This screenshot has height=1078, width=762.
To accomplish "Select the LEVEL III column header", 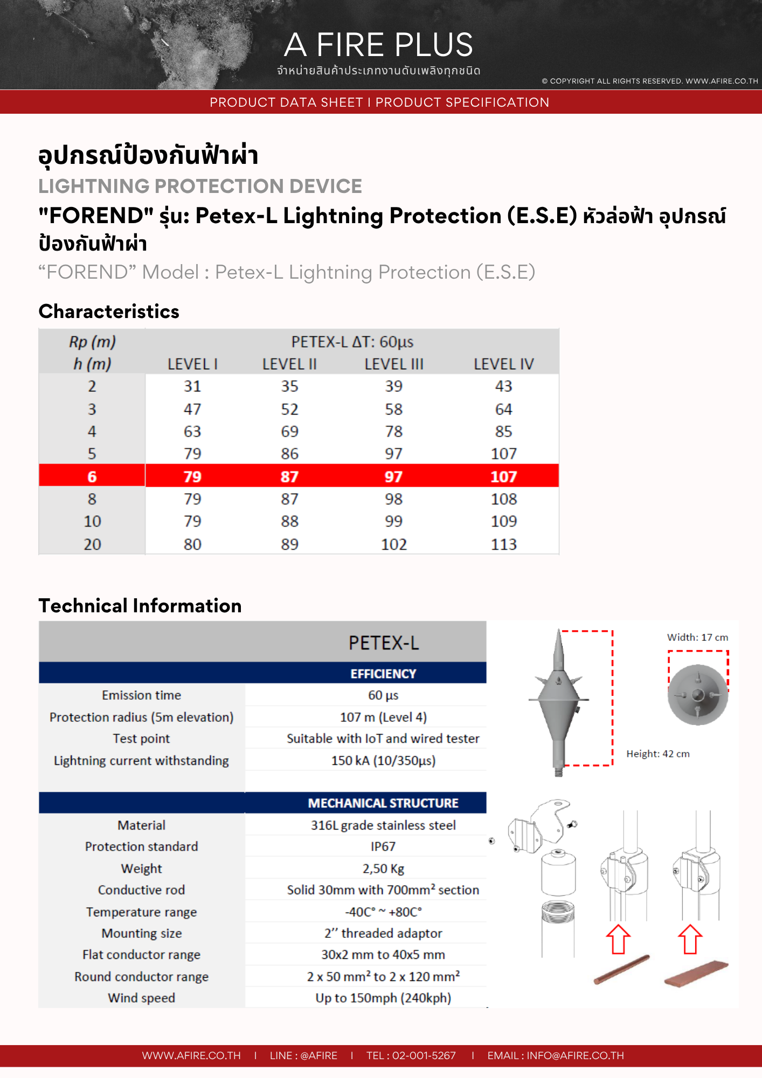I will (x=394, y=364).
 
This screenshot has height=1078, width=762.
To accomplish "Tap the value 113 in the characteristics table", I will (x=503, y=544).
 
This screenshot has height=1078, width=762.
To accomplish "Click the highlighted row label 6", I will (x=92, y=476).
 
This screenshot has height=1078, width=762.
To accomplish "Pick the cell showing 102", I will (x=394, y=544).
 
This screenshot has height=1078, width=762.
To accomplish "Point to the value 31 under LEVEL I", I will (x=192, y=386).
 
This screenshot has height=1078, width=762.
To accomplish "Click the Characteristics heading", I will (x=109, y=312).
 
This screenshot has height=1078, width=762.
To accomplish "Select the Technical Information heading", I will (x=140, y=606).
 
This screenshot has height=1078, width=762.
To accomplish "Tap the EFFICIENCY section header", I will (x=383, y=674).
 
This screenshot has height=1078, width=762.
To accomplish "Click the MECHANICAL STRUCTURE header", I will (x=383, y=803).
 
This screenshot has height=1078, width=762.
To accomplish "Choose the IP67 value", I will (x=383, y=847).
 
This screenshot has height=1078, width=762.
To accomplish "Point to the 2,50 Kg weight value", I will (x=383, y=869).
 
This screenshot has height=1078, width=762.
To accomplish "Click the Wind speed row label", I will (x=142, y=998).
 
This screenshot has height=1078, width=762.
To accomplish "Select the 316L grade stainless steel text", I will (x=383, y=825).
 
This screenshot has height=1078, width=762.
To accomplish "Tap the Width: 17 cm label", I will (x=697, y=637).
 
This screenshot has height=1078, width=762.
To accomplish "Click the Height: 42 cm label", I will (x=657, y=754).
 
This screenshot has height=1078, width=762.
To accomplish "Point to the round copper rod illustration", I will (x=621, y=969).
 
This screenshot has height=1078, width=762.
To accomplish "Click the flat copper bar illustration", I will (x=696, y=973).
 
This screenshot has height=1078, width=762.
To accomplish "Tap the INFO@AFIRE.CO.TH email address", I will (x=575, y=1055).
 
